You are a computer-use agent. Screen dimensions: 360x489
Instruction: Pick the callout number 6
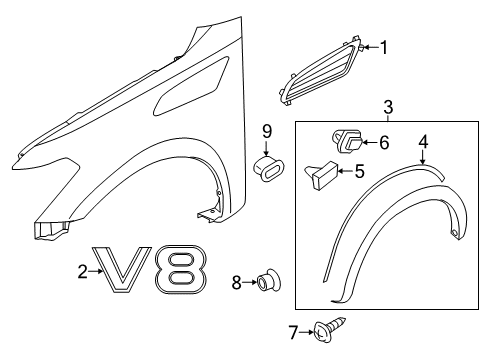pos(382,143)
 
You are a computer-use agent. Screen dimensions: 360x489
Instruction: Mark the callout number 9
pos(267,130)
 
